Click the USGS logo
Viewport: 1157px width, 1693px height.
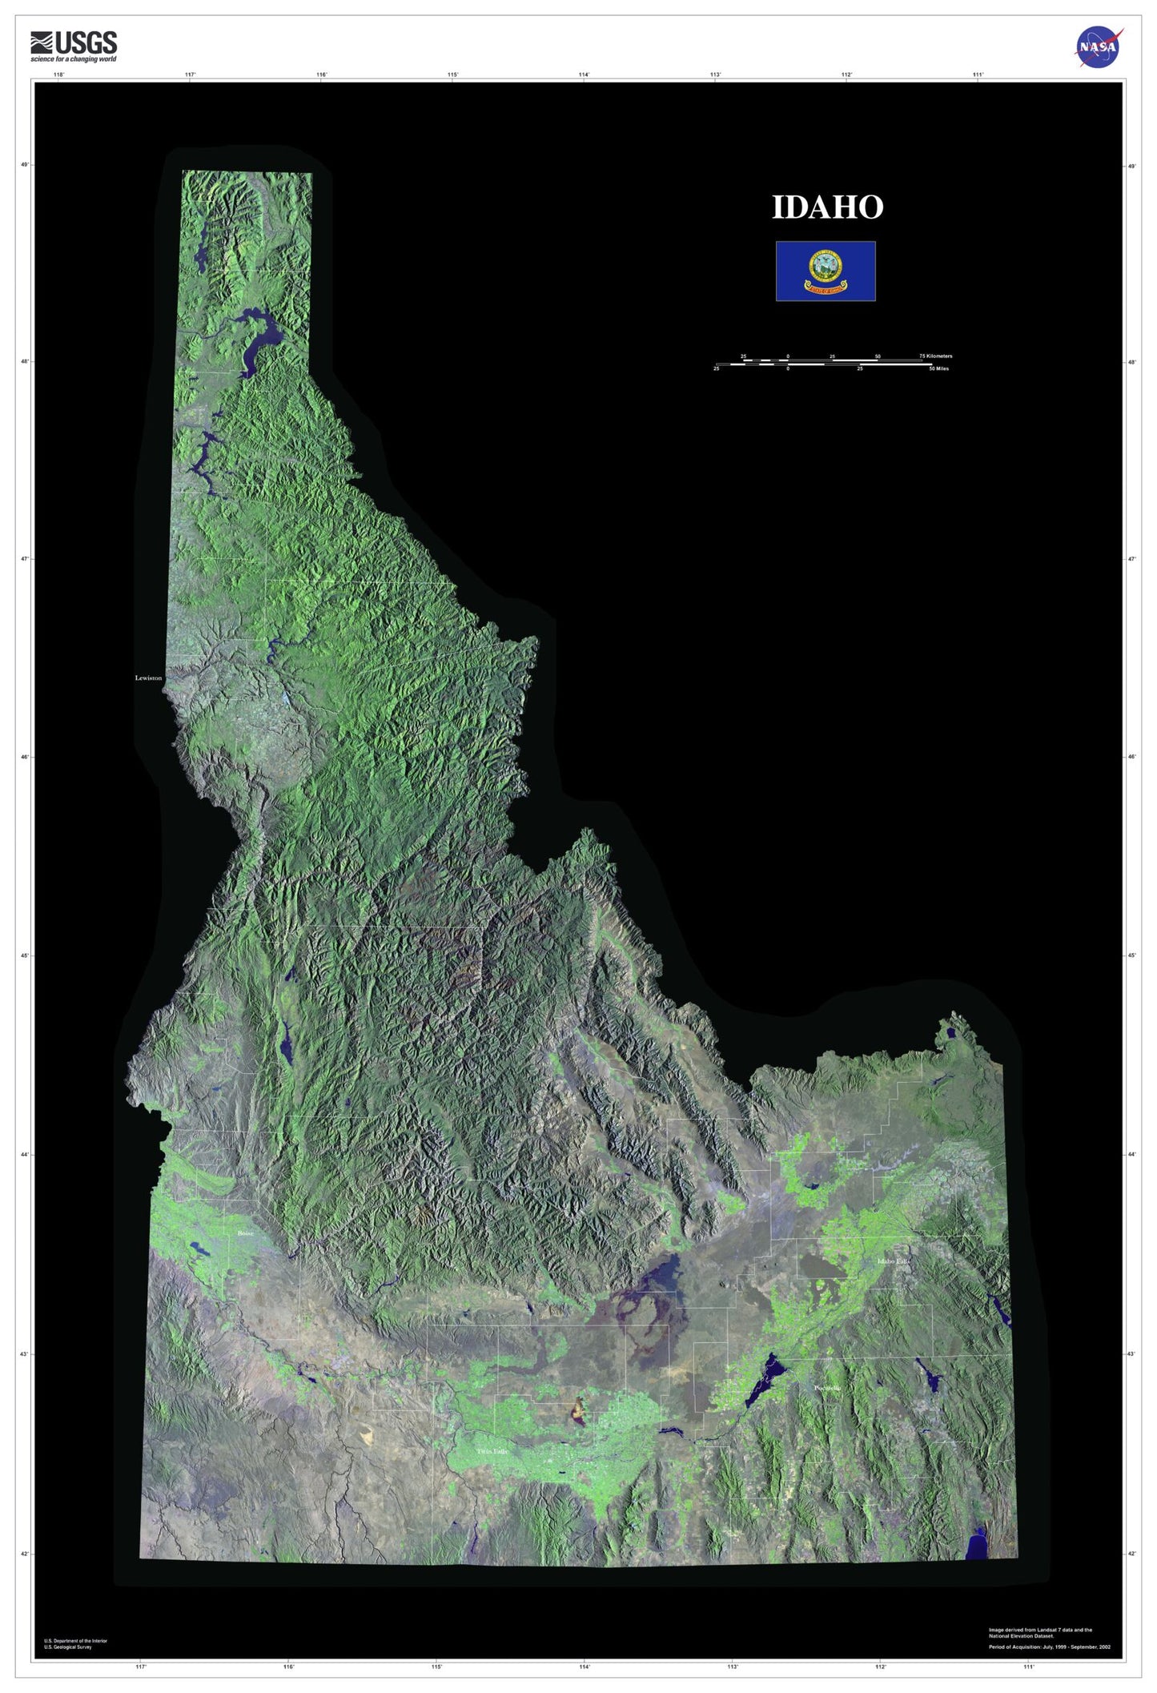point(74,46)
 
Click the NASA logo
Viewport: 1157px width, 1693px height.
point(1099,46)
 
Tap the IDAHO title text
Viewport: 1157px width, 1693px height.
point(826,207)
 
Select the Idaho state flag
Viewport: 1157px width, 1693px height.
point(825,271)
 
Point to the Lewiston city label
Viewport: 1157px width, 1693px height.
point(148,678)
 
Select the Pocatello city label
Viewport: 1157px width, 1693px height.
point(827,1388)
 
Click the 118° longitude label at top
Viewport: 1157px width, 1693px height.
point(58,74)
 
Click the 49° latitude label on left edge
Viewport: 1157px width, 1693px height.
point(24,165)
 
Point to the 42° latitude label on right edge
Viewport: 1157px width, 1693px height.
point(1131,1554)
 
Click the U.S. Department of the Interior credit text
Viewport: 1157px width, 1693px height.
point(75,1640)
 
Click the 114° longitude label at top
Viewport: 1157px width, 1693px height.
point(584,74)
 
